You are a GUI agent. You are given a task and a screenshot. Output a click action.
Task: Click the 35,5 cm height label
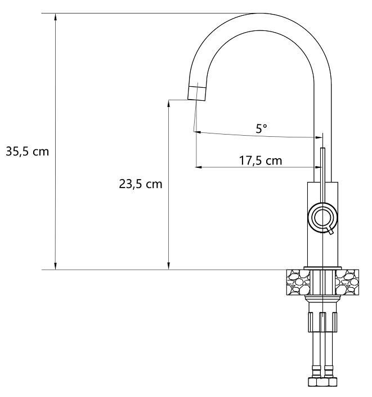[28, 151]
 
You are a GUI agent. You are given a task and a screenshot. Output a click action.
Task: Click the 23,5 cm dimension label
[141, 184]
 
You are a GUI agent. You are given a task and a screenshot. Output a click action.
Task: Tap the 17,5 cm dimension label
[261, 160]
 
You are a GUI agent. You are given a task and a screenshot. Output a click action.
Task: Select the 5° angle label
[261, 128]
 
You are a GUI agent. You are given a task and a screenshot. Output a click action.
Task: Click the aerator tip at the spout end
[196, 93]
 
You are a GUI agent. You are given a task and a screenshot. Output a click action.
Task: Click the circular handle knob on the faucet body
[322, 217]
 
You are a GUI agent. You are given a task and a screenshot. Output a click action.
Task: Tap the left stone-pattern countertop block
[298, 282]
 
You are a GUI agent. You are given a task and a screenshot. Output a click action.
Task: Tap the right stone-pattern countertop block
[347, 282]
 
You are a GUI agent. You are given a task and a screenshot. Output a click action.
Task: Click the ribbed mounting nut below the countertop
[322, 322]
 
